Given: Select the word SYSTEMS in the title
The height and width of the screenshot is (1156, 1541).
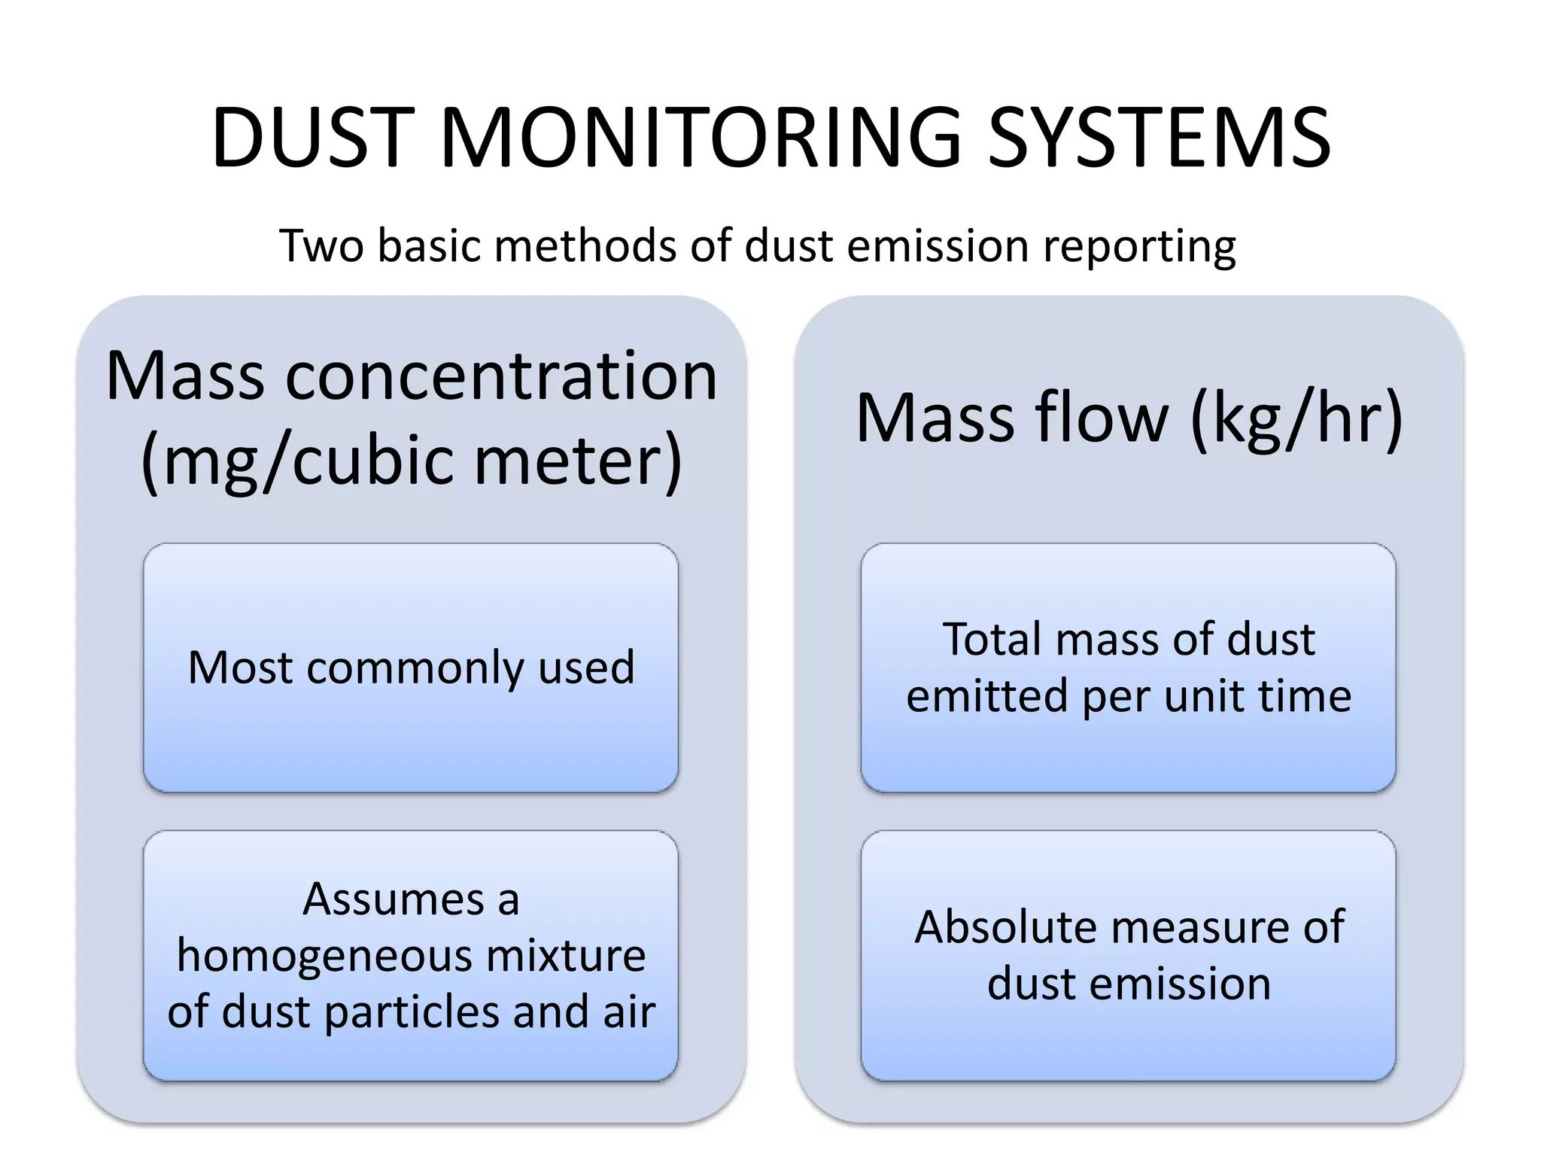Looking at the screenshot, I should pyautogui.click(x=1159, y=138).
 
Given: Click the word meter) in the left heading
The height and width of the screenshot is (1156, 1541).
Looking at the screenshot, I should pyautogui.click(x=578, y=461).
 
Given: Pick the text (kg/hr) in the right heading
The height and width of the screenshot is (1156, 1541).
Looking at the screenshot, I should pyautogui.click(x=1297, y=420).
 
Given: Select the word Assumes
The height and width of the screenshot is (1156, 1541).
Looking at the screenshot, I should pyautogui.click(x=394, y=899).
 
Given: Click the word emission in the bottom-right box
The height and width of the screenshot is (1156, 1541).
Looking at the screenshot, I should pyautogui.click(x=1190, y=984).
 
